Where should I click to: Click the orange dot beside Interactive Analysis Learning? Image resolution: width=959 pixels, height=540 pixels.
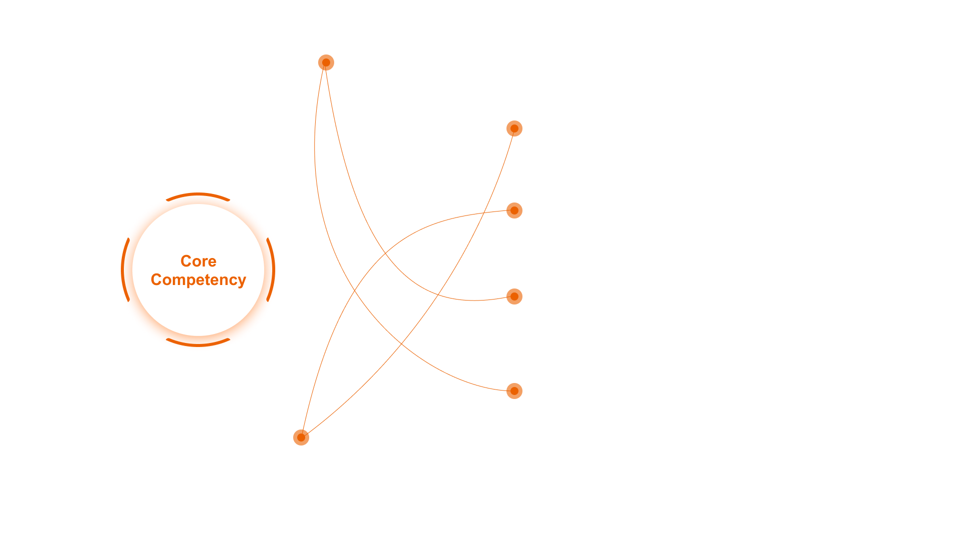326,62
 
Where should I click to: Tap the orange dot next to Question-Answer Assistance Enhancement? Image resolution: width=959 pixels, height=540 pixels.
514,128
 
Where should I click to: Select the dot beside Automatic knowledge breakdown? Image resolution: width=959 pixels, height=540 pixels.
514,210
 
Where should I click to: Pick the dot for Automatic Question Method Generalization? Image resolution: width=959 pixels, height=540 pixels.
514,296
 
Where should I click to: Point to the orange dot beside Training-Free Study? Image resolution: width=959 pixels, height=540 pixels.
514,391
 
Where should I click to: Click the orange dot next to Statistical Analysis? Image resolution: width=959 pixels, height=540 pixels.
301,437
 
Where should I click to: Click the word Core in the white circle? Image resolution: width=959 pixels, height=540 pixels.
198,261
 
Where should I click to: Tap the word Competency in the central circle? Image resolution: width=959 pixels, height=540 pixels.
198,279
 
